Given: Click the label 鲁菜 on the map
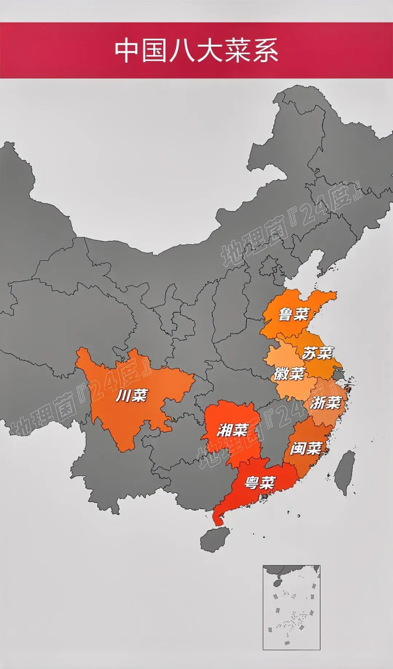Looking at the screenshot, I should (293, 315).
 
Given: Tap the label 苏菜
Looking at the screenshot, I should (317, 353).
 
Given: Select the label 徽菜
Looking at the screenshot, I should (288, 374).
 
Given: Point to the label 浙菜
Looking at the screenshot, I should (325, 402).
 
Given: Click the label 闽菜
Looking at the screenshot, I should (308, 448).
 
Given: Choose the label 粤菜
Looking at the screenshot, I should (260, 482).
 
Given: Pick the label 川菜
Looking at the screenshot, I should (131, 396).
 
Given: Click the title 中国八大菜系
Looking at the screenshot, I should (196, 51).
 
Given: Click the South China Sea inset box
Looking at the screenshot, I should (291, 607).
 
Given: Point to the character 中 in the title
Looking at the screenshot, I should (127, 51).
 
